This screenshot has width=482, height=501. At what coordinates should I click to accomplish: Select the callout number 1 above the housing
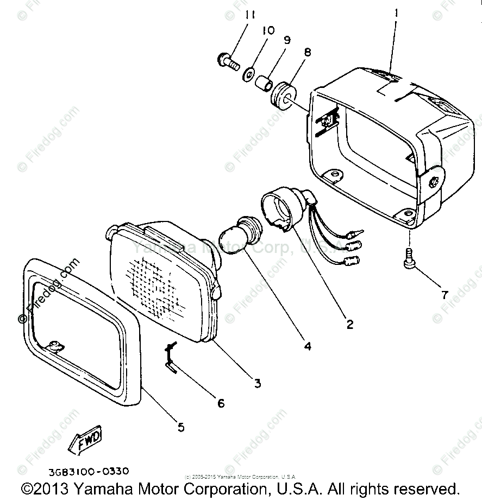pyautogui.click(x=396, y=12)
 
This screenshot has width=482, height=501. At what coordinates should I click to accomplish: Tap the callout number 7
pyautogui.click(x=445, y=295)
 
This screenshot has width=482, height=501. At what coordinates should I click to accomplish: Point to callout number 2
pyautogui.click(x=349, y=324)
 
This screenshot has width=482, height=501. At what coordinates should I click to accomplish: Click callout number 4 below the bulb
pyautogui.click(x=308, y=345)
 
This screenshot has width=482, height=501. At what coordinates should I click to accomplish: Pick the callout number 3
pyautogui.click(x=257, y=383)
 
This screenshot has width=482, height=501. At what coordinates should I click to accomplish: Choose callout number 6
pyautogui.click(x=221, y=403)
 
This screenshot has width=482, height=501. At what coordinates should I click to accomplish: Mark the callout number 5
pyautogui.click(x=180, y=427)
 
